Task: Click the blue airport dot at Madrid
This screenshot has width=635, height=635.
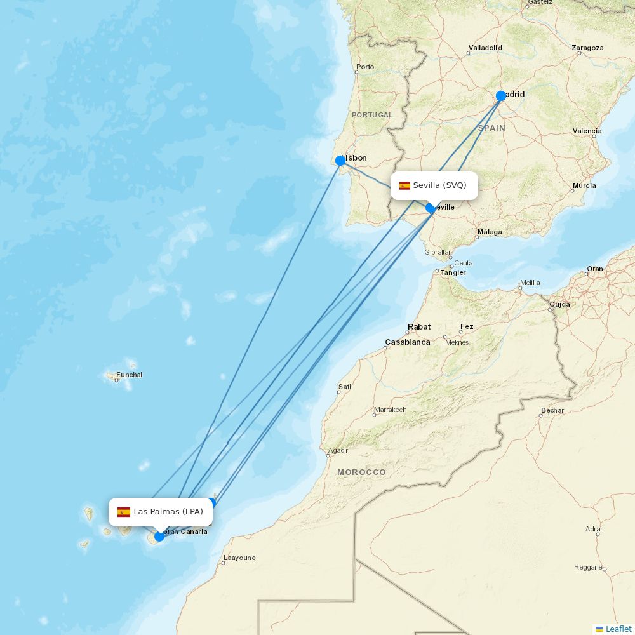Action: pyautogui.click(x=501, y=96)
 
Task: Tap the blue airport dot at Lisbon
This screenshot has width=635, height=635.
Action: pyautogui.click(x=340, y=161)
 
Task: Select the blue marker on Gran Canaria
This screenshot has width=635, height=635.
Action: pyautogui.click(x=159, y=537)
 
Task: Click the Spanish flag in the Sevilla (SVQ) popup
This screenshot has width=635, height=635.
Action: pyautogui.click(x=404, y=185)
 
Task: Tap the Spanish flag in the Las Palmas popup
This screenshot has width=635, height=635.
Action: pyautogui.click(x=124, y=512)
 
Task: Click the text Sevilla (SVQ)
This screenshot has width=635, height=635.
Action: pyautogui.click(x=439, y=185)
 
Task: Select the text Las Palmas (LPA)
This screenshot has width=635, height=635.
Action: pyautogui.click(x=168, y=512)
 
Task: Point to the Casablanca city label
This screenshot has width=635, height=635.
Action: pyautogui.click(x=407, y=342)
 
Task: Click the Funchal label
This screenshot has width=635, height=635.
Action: pyautogui.click(x=129, y=375)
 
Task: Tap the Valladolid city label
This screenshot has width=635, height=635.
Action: pyautogui.click(x=485, y=48)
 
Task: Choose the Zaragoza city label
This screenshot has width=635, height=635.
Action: pyautogui.click(x=587, y=48)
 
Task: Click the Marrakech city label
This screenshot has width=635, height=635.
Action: pyautogui.click(x=390, y=410)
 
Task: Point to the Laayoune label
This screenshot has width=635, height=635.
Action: pyautogui.click(x=239, y=558)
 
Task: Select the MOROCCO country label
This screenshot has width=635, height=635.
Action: pyautogui.click(x=361, y=472)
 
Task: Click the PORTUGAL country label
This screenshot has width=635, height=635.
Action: pyautogui.click(x=372, y=115)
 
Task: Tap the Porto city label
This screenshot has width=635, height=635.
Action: pyautogui.click(x=365, y=67)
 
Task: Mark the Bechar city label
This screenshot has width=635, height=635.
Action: pyautogui.click(x=552, y=410)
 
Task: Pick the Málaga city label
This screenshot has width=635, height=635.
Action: pyautogui.click(x=490, y=232)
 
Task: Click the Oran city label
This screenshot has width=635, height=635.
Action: pyautogui.click(x=595, y=269)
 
